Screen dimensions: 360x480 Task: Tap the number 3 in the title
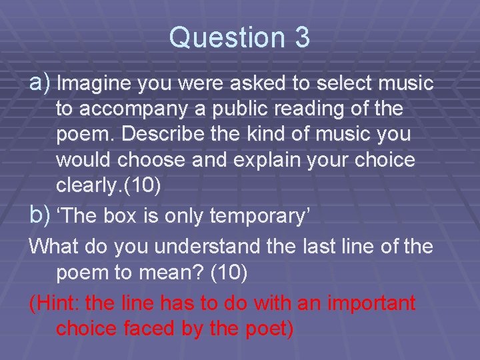pos(301,38)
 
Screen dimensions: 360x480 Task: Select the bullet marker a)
pos(41,83)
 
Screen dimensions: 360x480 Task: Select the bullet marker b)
pos(41,215)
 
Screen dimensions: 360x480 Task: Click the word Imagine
pos(95,84)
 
